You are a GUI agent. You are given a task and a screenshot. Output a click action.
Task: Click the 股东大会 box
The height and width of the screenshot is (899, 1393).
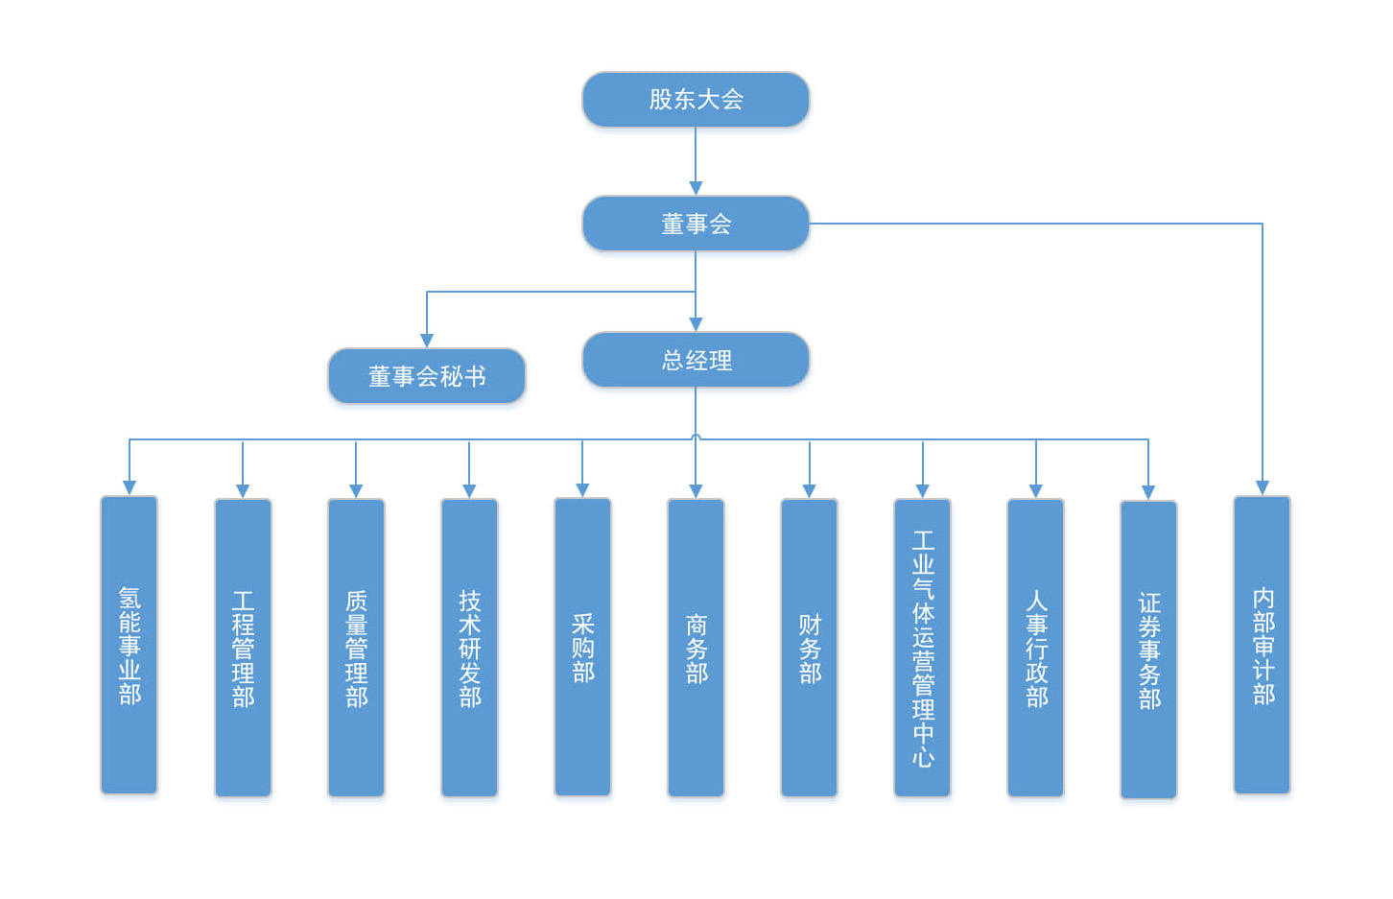pos(696,99)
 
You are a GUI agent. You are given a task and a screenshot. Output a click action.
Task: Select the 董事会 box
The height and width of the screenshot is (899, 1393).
pos(696,224)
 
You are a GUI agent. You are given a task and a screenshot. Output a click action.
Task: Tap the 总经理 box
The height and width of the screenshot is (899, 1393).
pos(696,360)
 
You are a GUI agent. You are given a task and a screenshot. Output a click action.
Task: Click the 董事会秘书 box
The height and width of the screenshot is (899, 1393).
pos(427,375)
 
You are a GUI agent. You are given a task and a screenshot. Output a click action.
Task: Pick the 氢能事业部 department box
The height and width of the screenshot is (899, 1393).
pos(130,645)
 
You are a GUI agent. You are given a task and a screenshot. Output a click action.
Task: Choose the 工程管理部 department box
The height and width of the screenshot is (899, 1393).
pos(243,648)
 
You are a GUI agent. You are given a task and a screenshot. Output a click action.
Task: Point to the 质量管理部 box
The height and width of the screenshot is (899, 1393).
pos(356,648)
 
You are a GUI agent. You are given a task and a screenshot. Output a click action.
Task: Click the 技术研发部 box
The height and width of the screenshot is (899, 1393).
pos(469,648)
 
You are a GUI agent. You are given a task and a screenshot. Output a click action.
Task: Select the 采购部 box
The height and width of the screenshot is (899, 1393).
pos(582,648)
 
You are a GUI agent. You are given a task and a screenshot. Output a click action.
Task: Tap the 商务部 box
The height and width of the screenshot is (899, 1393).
pos(696,648)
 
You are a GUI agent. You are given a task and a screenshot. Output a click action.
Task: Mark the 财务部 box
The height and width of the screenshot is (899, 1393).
pos(809,648)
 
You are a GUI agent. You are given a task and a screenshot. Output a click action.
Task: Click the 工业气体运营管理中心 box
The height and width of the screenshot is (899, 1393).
pos(922,648)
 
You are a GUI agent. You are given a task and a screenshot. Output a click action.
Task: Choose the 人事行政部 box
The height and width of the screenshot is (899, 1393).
pos(1035,648)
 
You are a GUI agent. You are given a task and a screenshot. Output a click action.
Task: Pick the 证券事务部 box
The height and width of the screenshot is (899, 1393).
pos(1148,650)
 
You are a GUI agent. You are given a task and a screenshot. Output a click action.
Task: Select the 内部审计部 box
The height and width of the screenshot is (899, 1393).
pos(1262,645)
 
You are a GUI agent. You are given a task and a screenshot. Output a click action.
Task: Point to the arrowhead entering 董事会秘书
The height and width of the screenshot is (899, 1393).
pos(427,341)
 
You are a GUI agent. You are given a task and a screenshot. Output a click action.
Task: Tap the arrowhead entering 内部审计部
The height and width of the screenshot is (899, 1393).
pos(1263,487)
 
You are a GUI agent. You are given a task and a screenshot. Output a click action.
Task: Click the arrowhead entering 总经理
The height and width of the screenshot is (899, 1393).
pos(696,324)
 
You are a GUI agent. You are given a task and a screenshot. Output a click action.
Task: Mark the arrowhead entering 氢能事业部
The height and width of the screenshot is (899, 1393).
pos(130,487)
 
